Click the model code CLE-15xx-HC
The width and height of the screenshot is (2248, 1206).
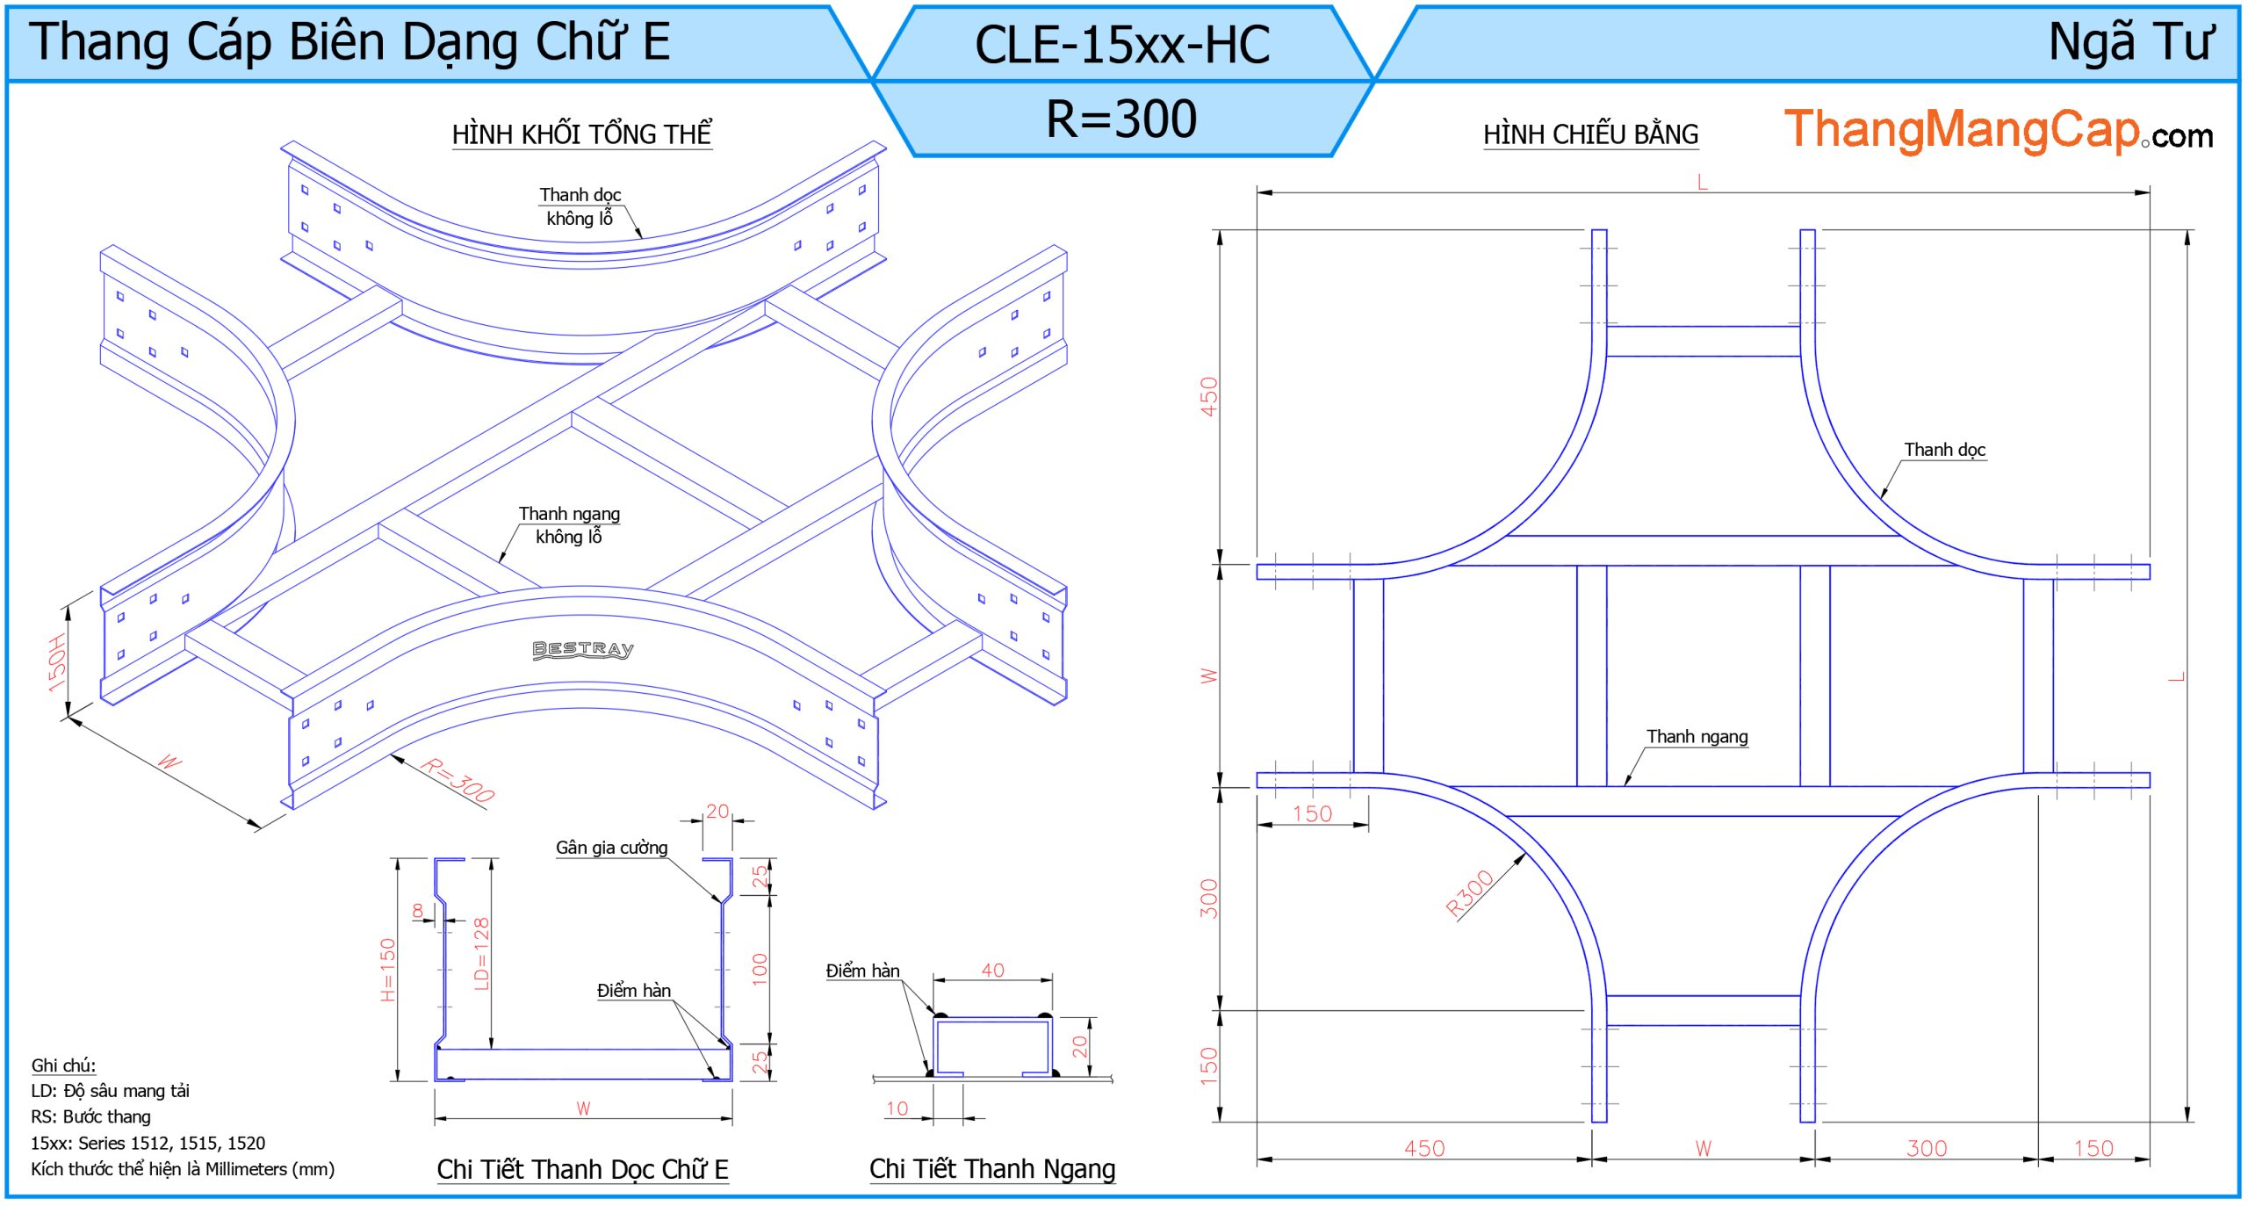pyautogui.click(x=1121, y=45)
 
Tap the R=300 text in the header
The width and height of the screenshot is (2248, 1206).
pyautogui.click(x=1121, y=119)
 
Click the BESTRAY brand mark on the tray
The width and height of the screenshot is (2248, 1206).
pyautogui.click(x=583, y=649)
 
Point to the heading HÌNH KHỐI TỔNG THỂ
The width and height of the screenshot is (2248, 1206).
pyautogui.click(x=581, y=134)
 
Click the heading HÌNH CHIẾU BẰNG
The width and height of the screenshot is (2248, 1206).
pyautogui.click(x=1590, y=134)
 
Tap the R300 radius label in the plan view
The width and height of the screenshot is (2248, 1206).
pyautogui.click(x=1469, y=892)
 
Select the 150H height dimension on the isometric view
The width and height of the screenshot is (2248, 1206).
pyautogui.click(x=57, y=662)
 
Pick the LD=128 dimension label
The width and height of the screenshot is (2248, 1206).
pyautogui.click(x=481, y=953)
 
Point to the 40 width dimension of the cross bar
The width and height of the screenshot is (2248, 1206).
pyautogui.click(x=992, y=970)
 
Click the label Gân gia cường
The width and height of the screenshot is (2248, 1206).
pyautogui.click(x=611, y=848)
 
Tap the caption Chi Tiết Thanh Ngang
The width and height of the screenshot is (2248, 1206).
pyautogui.click(x=992, y=1169)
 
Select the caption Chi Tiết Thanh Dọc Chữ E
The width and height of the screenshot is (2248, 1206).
pyautogui.click(x=582, y=1170)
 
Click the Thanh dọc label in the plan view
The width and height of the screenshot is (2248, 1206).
pyautogui.click(x=1944, y=450)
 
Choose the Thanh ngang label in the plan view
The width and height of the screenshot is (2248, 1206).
pyautogui.click(x=1697, y=736)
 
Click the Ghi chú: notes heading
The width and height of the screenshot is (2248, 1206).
pyautogui.click(x=63, y=1065)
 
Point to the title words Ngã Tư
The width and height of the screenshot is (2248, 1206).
pyautogui.click(x=2130, y=42)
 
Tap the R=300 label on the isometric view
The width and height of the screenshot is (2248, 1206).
pyautogui.click(x=458, y=779)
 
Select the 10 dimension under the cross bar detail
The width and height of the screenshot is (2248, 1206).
pyautogui.click(x=897, y=1109)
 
